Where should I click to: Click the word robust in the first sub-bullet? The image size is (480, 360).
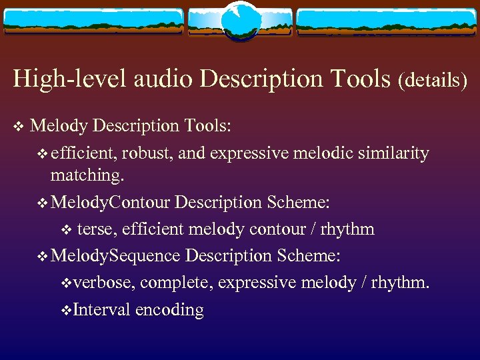pos(148,153)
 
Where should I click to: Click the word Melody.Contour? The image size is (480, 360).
pos(111,201)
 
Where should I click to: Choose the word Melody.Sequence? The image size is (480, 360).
pos(115,255)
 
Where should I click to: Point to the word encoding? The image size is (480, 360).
pos(169,309)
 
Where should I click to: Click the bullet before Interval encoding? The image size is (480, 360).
pos(65,309)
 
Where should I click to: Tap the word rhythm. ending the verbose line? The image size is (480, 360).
pos(401,283)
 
